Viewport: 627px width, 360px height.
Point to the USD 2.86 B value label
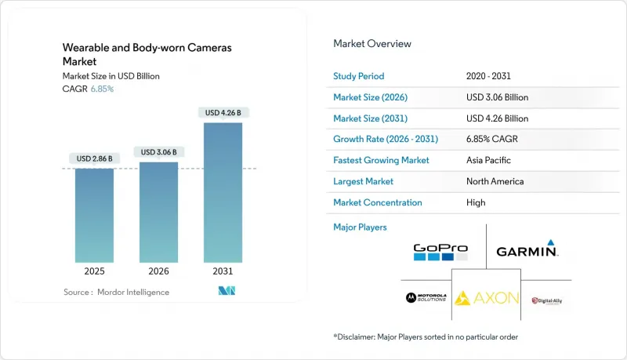pyautogui.click(x=94, y=158)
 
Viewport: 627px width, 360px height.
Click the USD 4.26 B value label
pyautogui.click(x=223, y=113)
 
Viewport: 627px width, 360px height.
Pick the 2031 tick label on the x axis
pyautogui.click(x=223, y=271)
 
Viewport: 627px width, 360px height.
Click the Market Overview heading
pyautogui.click(x=372, y=44)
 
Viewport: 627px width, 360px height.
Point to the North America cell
pyautogui.click(x=495, y=181)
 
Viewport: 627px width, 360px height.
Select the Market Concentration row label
pyautogui.click(x=378, y=202)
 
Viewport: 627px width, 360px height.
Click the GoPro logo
pyautogui.click(x=440, y=251)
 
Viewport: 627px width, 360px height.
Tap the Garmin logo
pyautogui.click(x=527, y=251)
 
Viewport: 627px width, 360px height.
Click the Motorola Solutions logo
pyautogui.click(x=426, y=298)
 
